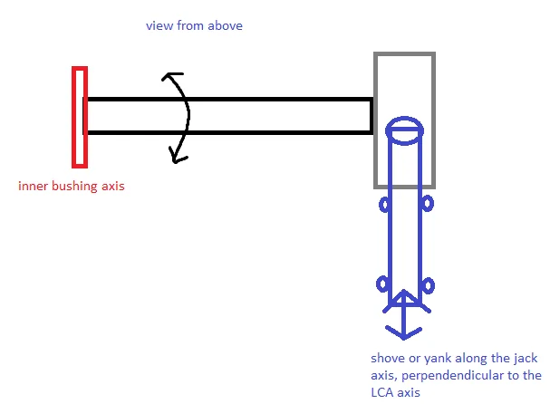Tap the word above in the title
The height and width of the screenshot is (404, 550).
tap(225, 26)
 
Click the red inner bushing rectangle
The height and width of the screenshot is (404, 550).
tap(80, 117)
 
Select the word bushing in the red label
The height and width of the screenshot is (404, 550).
tap(74, 186)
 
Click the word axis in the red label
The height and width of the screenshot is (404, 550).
tap(113, 186)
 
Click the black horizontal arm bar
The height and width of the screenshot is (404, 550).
tap(228, 116)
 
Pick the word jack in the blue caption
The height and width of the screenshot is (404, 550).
tap(526, 359)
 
